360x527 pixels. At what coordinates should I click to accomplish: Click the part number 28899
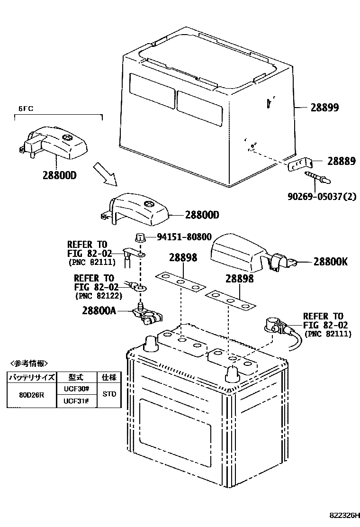point(324,108)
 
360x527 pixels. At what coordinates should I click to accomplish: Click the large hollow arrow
point(105,173)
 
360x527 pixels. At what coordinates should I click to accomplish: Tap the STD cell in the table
point(109,394)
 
